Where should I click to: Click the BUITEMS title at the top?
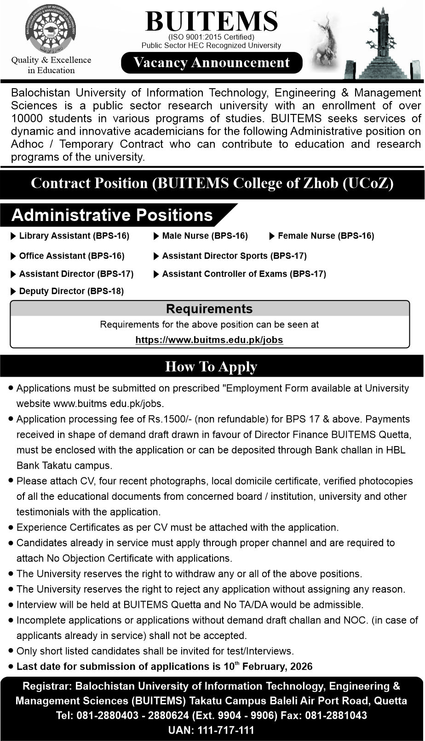click(212, 21)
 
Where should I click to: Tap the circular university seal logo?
click(51, 31)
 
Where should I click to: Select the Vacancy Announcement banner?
click(212, 62)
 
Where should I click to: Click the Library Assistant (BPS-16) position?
click(74, 236)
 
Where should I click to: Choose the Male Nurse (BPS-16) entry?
click(205, 236)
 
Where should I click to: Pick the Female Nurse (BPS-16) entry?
click(326, 236)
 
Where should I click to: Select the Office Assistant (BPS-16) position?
click(71, 256)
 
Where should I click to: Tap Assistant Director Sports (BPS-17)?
click(234, 256)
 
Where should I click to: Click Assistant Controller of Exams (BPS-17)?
click(244, 274)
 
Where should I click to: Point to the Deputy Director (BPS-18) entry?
click(71, 291)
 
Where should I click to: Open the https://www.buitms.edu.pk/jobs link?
click(209, 340)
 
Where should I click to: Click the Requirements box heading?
click(209, 309)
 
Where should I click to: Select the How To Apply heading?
click(211, 367)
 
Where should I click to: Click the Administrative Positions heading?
click(112, 215)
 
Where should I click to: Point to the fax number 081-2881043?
click(341, 716)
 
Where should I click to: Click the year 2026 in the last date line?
click(301, 667)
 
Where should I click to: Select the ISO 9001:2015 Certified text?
click(211, 37)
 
